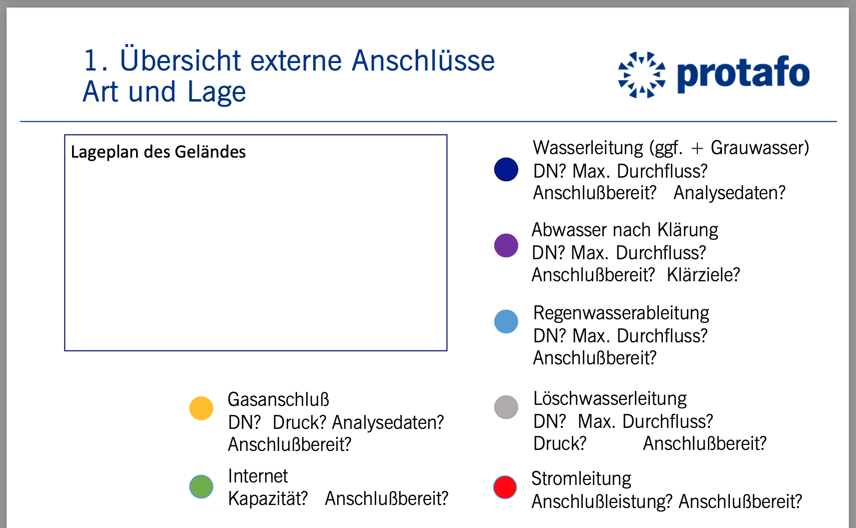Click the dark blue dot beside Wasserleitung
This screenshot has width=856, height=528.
pyautogui.click(x=506, y=169)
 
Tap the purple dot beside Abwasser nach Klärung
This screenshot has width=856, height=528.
pyautogui.click(x=506, y=245)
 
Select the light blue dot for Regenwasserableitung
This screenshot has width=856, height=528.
pyautogui.click(x=506, y=321)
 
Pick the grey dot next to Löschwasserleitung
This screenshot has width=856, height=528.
pyautogui.click(x=506, y=407)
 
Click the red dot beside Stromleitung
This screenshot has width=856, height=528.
pyautogui.click(x=505, y=487)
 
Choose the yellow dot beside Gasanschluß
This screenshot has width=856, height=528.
pyautogui.click(x=201, y=408)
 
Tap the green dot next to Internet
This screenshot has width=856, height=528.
pyautogui.click(x=201, y=486)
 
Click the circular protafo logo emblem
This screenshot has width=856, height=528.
pyautogui.click(x=641, y=75)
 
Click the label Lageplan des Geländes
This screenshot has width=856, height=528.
pyautogui.click(x=158, y=152)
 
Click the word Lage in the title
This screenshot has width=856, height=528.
pyautogui.click(x=217, y=92)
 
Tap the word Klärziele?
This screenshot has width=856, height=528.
pyautogui.click(x=703, y=275)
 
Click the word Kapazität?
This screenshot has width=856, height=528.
pyautogui.click(x=268, y=498)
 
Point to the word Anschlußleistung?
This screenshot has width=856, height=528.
pyautogui.click(x=602, y=501)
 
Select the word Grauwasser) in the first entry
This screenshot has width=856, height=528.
pyautogui.click(x=760, y=148)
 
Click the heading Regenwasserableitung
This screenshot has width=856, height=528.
pyautogui.click(x=621, y=313)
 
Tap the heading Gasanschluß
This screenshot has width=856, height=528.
pyautogui.click(x=278, y=399)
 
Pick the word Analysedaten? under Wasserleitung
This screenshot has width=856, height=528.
pyautogui.click(x=729, y=192)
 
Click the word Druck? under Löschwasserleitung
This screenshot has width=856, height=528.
pyautogui.click(x=560, y=443)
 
